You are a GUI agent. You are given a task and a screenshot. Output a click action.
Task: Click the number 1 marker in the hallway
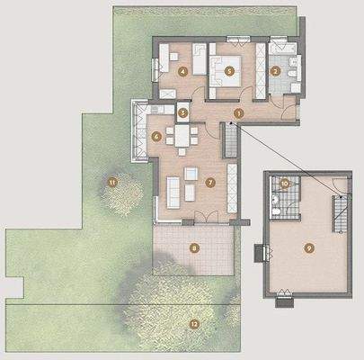[x=238, y=112]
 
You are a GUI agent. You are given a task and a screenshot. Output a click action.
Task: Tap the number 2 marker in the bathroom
[x=277, y=69]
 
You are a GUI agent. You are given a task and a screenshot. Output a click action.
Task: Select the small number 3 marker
[x=182, y=113]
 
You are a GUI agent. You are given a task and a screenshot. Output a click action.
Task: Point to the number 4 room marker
[x=182, y=69]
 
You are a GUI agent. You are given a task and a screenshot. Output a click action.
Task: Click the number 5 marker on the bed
[x=229, y=69]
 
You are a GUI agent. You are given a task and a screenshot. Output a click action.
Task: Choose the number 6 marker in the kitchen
[x=157, y=137]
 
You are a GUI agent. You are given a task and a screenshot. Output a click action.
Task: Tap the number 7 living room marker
[x=210, y=182]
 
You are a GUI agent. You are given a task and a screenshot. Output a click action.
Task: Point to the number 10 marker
[x=284, y=183]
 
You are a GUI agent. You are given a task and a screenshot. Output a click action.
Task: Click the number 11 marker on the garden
[x=112, y=183]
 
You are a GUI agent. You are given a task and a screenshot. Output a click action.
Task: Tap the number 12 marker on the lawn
[x=192, y=321]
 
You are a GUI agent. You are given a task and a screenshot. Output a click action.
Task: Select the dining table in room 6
[x=182, y=137]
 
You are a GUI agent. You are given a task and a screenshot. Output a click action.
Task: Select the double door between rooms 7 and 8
[x=199, y=218]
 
